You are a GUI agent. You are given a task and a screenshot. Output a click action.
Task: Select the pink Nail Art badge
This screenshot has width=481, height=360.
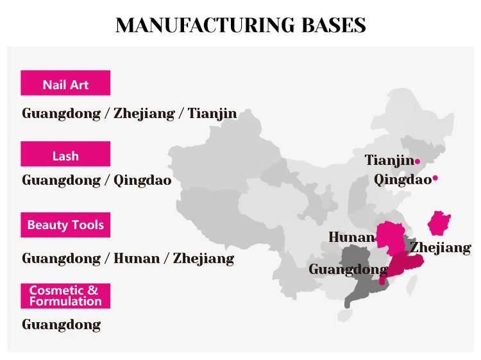65,83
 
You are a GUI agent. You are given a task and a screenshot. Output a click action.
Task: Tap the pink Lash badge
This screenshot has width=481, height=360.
65,155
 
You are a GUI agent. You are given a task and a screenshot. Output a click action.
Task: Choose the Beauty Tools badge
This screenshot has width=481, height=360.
65,225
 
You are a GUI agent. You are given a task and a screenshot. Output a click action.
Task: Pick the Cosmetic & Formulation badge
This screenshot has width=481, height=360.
65,296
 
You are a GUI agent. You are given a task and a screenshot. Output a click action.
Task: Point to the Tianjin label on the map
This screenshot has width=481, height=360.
389,160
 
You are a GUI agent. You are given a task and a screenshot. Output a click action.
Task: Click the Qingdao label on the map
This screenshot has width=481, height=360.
403,179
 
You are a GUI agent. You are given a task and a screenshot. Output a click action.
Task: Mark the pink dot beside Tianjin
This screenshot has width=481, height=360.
418,161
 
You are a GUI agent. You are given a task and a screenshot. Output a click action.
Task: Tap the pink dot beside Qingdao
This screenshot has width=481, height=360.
435,178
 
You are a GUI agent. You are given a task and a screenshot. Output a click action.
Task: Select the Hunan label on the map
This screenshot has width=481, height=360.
351,237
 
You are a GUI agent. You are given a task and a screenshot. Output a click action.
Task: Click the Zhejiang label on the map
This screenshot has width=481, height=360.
441,248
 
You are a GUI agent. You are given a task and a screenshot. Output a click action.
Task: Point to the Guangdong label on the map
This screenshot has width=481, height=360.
348,270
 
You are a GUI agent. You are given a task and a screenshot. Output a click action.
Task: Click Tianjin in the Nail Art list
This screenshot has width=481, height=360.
212,114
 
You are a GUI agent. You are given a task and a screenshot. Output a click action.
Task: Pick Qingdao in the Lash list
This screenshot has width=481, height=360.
142,180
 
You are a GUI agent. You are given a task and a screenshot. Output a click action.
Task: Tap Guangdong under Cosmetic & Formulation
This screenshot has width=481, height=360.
61,324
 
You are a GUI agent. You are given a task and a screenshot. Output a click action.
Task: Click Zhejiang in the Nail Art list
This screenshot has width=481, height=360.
144,114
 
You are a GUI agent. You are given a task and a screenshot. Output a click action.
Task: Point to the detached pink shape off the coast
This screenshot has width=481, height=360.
439,223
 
